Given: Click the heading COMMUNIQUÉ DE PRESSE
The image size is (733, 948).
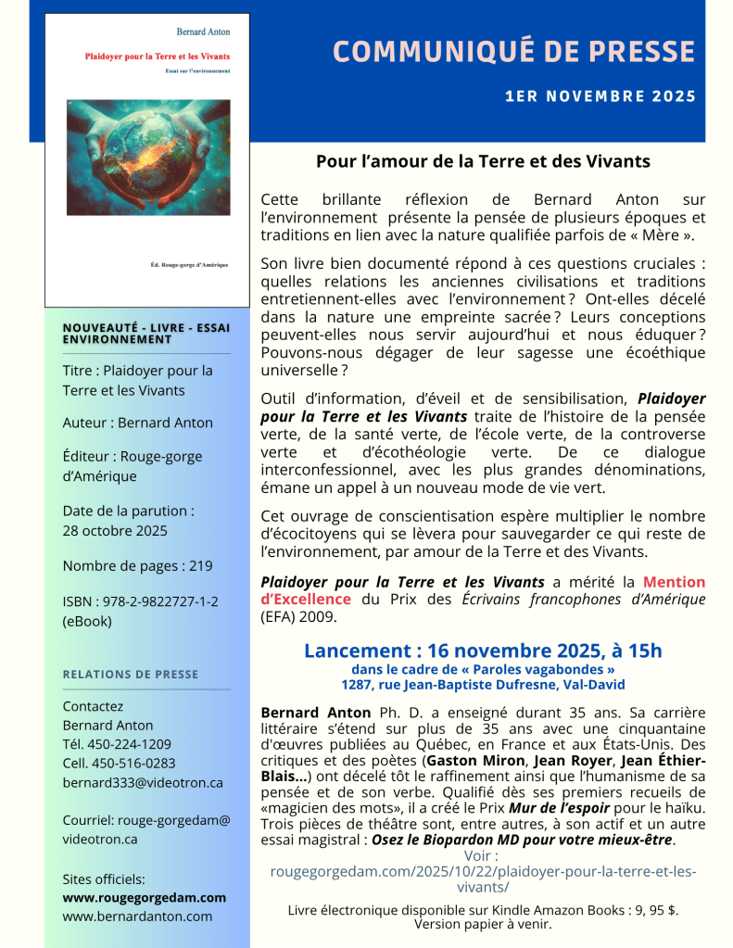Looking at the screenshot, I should coord(513,51).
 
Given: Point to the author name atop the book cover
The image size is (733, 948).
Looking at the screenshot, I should coord(203,31).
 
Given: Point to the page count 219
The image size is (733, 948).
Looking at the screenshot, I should coord(200,566).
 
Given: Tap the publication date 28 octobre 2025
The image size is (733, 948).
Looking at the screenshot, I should coord(115,530).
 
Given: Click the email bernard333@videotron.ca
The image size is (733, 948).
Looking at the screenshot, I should coord(143,782).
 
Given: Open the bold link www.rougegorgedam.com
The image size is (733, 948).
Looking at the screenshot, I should coord(144,897).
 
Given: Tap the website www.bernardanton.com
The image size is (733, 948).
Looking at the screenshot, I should coord(137,916).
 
